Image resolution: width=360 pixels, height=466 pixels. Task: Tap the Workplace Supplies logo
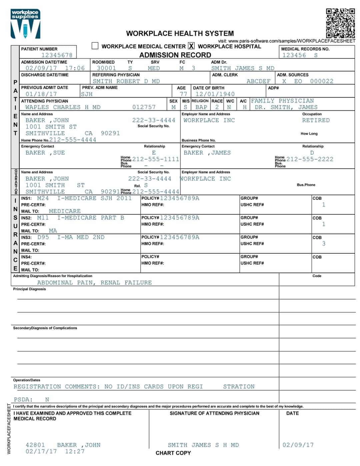(x=25, y=24)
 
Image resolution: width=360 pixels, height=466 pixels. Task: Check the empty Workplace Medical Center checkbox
(x=95, y=46)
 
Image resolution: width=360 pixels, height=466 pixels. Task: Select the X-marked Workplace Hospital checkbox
(x=191, y=46)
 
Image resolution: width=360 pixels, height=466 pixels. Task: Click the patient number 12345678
(x=57, y=55)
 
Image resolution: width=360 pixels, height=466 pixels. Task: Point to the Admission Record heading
(x=175, y=55)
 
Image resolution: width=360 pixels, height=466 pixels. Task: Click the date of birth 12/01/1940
(x=215, y=94)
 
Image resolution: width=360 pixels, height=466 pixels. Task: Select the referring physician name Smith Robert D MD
(x=126, y=81)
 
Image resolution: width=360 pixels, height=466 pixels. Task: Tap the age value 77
(x=183, y=94)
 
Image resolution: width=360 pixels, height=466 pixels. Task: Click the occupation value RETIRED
(x=316, y=120)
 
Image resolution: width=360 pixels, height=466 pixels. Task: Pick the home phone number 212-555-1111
(x=156, y=159)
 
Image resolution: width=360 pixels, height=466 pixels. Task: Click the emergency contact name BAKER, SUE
(x=45, y=153)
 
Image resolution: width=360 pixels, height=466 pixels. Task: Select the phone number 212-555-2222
(x=310, y=159)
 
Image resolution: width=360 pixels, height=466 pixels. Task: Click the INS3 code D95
(x=43, y=237)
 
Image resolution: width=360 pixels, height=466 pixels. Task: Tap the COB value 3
(x=324, y=244)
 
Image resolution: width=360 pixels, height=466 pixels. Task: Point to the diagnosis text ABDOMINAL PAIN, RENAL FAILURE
(x=94, y=283)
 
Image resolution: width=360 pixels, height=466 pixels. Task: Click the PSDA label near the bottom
(x=23, y=399)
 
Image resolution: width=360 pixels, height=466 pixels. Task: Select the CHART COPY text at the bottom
(x=173, y=453)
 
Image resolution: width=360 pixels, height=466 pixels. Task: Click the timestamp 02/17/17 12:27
(x=55, y=451)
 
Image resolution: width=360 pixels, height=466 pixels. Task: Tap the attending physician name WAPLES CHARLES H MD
(x=63, y=107)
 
